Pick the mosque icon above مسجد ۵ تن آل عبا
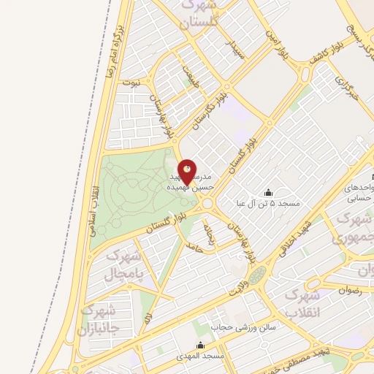tap(268, 192)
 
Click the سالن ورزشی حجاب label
tap(243, 327)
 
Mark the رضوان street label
tap(349, 289)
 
